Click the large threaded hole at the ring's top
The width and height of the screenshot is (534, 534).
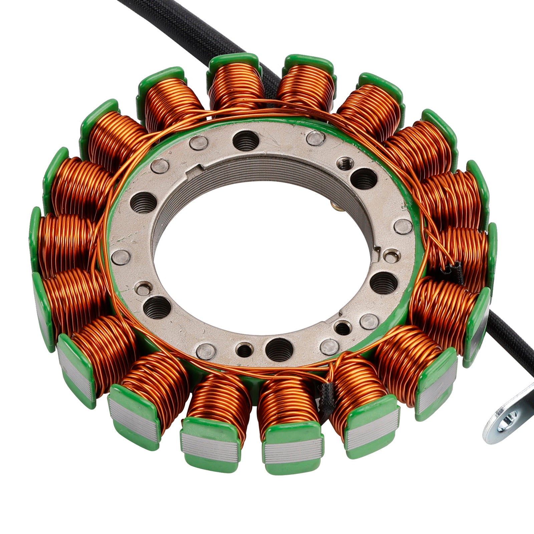point(246,140)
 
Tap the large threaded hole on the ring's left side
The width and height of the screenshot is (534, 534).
point(143,203)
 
